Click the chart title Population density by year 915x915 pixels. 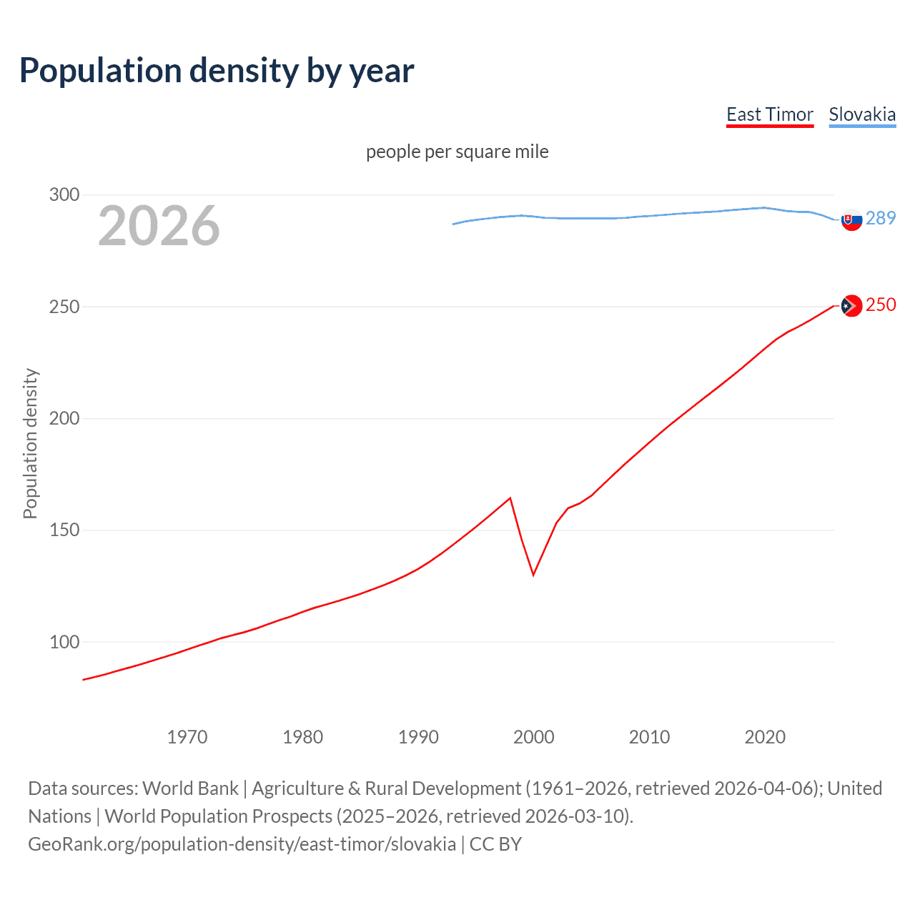tap(217, 71)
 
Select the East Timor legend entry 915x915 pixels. tap(769, 114)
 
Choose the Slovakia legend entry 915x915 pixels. tap(862, 114)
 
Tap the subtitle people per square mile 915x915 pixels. tap(457, 152)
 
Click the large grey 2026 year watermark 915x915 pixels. tap(159, 226)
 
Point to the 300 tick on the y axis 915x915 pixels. tap(64, 194)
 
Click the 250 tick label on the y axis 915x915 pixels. tap(64, 307)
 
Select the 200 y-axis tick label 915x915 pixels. tap(64, 418)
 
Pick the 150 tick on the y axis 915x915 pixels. tap(64, 530)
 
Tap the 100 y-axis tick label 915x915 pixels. tap(64, 642)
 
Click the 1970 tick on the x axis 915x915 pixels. tap(187, 737)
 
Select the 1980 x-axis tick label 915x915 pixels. tap(302, 737)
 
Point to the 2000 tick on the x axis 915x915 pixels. tap(533, 737)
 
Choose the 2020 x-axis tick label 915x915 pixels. tap(765, 737)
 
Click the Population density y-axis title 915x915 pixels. tap(30, 443)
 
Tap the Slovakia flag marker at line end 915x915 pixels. tap(851, 219)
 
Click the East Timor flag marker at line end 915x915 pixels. tap(851, 306)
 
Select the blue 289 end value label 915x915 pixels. tap(881, 218)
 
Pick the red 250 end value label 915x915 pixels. tap(881, 305)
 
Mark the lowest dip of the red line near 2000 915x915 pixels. tap(533, 574)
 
